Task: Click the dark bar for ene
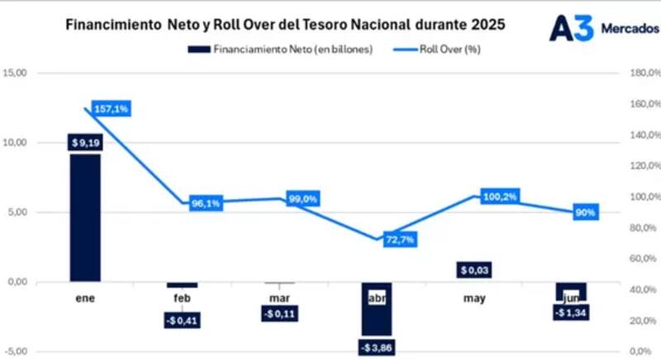(85, 217)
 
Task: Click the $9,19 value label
(85, 143)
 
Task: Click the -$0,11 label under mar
(279, 314)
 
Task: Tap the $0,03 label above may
(473, 270)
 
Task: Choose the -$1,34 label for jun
(570, 313)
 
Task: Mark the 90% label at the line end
(585, 212)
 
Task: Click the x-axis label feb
(183, 297)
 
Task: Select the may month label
(473, 297)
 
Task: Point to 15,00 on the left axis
(17, 73)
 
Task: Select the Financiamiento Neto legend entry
(292, 49)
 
